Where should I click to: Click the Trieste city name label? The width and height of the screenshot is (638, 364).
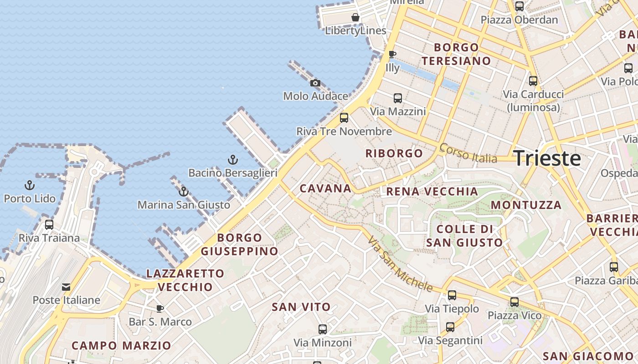point(547,158)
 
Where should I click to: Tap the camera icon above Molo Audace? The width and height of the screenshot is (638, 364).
point(315,83)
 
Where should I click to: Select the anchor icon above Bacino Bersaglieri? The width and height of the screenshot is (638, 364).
point(233,160)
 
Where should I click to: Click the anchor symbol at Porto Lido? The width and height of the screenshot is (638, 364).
point(30,185)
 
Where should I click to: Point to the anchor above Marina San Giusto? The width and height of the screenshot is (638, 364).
point(184,192)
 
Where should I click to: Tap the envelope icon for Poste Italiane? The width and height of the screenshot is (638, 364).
point(66,287)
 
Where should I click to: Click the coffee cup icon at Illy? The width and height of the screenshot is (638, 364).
point(392,55)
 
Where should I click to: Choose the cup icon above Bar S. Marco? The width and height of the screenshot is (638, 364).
point(160,309)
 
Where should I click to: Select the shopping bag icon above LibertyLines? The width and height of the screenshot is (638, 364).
point(355,18)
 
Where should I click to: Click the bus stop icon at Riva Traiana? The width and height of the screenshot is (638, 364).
point(49,224)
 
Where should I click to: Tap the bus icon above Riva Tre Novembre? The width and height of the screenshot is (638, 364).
point(344,118)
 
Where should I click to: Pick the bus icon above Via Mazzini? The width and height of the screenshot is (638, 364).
point(398,98)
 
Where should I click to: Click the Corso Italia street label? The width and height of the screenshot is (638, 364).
point(468,153)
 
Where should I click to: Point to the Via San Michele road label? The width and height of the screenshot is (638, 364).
point(400,264)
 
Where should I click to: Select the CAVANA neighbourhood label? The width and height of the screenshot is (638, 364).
point(325,188)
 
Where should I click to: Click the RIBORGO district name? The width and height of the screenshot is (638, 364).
point(394,153)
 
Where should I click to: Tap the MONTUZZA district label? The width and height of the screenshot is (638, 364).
point(526,205)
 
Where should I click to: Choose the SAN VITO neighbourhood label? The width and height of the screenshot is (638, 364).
point(301,307)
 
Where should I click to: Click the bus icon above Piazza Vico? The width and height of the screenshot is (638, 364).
point(515,302)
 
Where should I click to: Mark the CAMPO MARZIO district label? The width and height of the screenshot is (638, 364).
point(121,345)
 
